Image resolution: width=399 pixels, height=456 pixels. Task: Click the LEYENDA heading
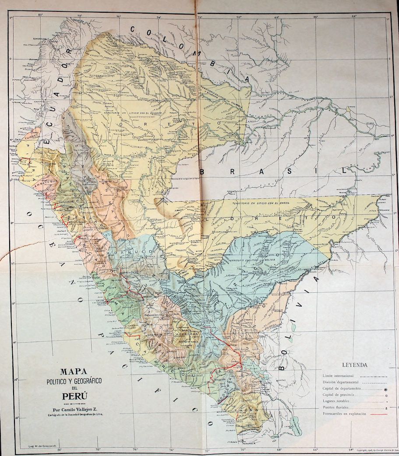pyautogui.click(x=355, y=365)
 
